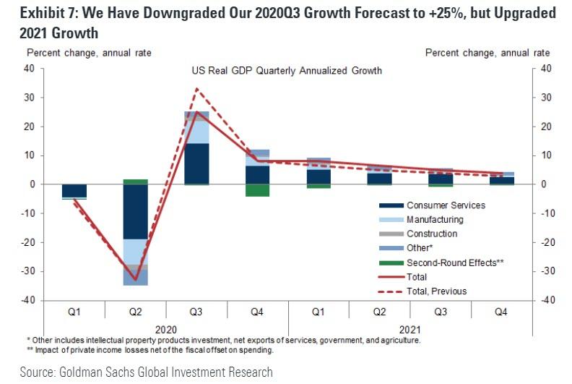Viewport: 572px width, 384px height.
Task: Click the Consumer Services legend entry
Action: point(445,205)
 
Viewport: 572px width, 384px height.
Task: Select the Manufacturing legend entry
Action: point(435,220)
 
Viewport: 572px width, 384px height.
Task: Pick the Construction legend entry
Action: point(432,234)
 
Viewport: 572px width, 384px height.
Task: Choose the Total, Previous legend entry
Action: point(436,291)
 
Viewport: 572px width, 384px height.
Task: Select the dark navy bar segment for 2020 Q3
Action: point(196,163)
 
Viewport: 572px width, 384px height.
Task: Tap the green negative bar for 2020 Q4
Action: point(258,190)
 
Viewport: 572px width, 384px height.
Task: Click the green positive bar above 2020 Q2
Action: point(135,182)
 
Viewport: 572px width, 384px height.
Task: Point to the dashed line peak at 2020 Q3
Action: point(197,89)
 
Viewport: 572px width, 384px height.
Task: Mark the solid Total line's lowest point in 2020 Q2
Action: point(135,280)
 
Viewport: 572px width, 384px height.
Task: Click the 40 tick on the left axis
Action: point(30,69)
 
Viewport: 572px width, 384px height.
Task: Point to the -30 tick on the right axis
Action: point(546,271)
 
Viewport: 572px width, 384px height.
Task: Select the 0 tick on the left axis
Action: point(32,184)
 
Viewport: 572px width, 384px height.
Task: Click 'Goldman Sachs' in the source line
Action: point(91,372)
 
